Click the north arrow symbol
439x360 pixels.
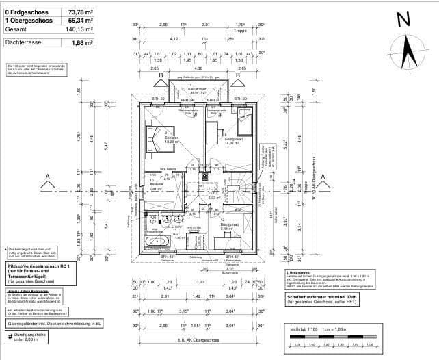click(x=409, y=52)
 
